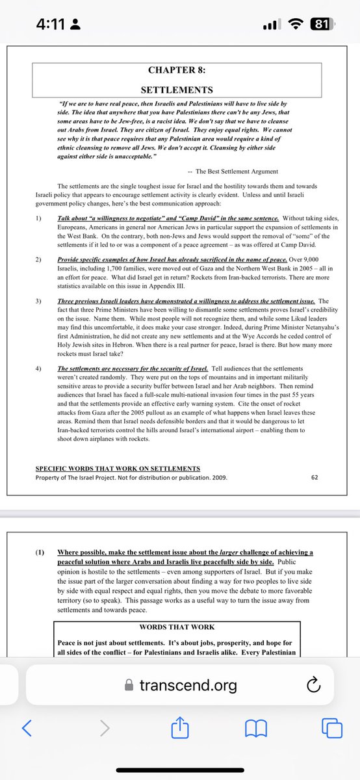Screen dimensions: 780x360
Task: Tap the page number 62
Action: click(x=315, y=477)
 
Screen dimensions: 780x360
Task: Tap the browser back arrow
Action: click(x=27, y=728)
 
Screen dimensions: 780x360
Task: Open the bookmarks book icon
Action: click(x=256, y=728)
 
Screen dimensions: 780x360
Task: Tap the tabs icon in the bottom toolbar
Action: click(x=331, y=728)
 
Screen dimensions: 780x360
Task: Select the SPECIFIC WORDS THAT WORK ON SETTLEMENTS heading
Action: click(x=118, y=468)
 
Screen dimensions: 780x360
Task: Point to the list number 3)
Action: click(x=40, y=302)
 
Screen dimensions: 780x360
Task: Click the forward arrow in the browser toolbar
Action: click(x=105, y=728)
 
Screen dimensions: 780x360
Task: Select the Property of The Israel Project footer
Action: click(x=131, y=478)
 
